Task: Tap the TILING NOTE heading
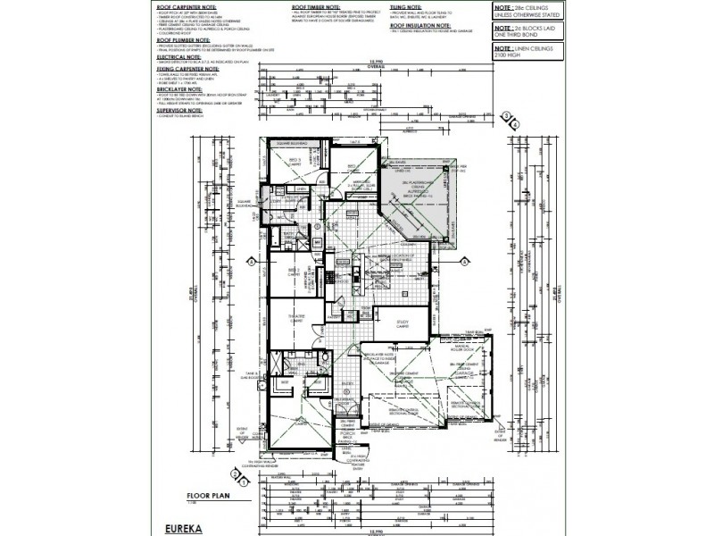point(407,5)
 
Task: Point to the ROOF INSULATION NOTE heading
point(422,27)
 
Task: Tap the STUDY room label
point(391,325)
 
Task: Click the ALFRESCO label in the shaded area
point(414,190)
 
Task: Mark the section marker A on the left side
point(253,262)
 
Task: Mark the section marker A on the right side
point(466,262)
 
